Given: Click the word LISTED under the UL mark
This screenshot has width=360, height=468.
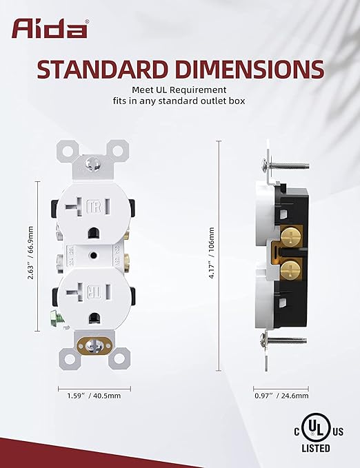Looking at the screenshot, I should tap(316, 448).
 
